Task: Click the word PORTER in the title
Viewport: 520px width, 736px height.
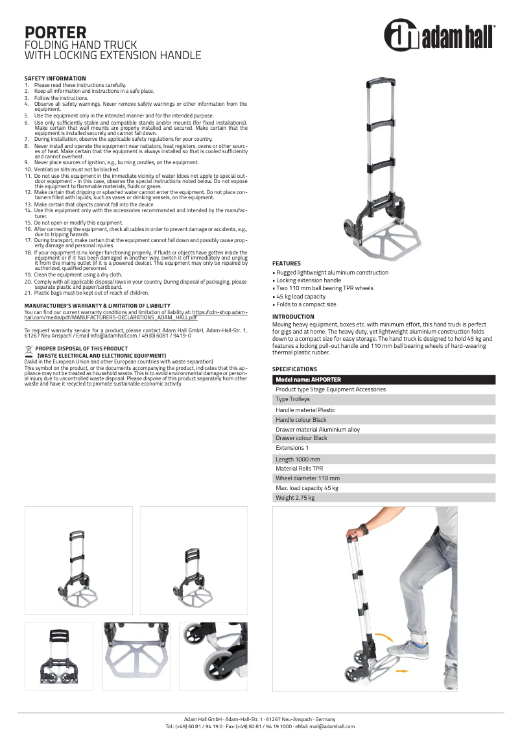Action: [55, 32]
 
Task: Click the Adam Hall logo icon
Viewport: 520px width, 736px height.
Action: [401, 35]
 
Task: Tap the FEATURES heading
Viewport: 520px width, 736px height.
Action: [286, 263]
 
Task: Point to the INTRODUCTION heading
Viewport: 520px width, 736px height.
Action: [293, 317]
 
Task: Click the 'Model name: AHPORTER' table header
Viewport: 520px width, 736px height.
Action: [308, 380]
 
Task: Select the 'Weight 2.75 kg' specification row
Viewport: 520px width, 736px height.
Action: [295, 498]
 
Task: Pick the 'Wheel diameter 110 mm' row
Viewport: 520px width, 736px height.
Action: [307, 478]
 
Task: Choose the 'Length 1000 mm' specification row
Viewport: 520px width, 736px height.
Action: [298, 459]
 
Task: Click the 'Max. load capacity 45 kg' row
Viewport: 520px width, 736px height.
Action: [307, 488]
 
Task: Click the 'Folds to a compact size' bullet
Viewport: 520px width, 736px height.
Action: [305, 304]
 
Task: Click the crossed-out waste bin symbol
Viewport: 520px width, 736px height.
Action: [29, 349]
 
